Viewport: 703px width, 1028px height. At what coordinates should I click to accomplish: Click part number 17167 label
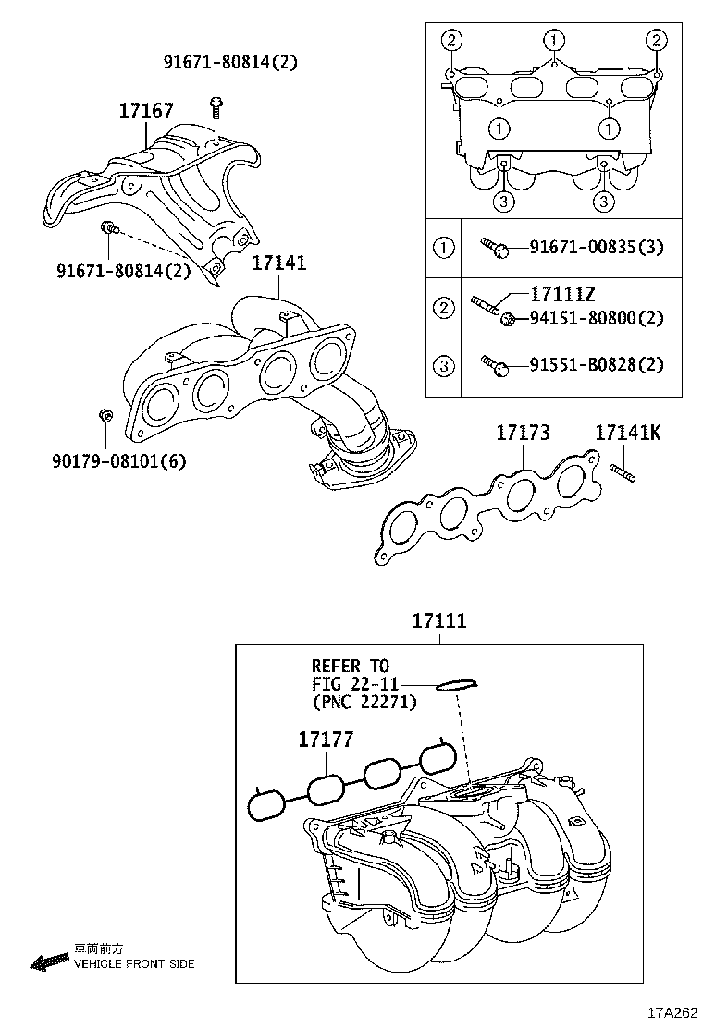[x=145, y=112]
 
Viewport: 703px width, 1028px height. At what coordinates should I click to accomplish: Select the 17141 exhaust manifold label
[x=278, y=263]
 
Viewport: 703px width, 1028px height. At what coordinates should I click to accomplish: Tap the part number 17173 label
[x=523, y=432]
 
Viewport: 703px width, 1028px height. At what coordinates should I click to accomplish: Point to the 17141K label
[x=627, y=432]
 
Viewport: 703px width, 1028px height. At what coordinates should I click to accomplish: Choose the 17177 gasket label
[x=325, y=739]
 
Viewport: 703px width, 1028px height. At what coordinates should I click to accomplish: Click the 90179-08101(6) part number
[x=119, y=459]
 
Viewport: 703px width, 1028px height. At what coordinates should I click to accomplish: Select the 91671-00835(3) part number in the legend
[x=597, y=247]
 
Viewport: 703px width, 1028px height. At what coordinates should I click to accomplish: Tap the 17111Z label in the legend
[x=562, y=295]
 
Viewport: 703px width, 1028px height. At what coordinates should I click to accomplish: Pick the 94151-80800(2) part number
[x=597, y=319]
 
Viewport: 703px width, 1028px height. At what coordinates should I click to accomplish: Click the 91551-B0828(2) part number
[x=597, y=365]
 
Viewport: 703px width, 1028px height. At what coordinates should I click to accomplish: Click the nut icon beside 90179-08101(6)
[x=105, y=418]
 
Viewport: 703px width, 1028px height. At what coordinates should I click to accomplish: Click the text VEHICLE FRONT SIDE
[x=134, y=963]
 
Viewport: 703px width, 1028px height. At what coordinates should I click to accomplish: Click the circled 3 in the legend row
[x=444, y=365]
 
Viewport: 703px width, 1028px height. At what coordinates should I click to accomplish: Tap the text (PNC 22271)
[x=364, y=702]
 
